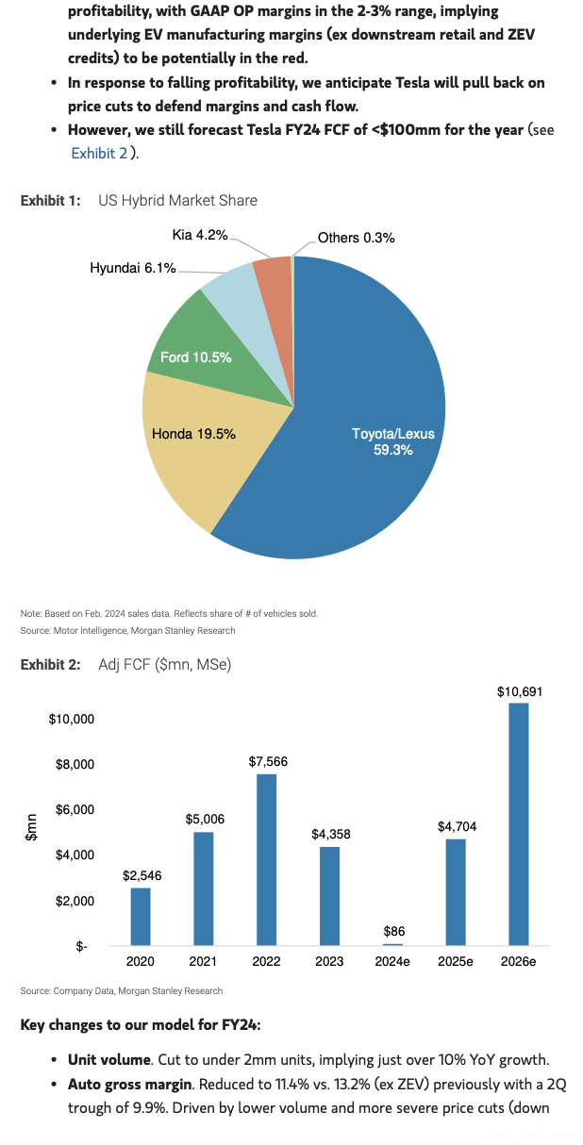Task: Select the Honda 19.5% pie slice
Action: [x=189, y=443]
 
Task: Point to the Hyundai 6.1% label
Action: [x=133, y=269]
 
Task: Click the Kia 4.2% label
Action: [x=199, y=235]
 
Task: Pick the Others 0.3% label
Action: [x=356, y=238]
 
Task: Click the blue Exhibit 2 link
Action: [x=99, y=152]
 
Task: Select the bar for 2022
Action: [x=266, y=858]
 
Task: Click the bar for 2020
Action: [x=141, y=916]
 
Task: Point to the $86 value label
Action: [x=394, y=931]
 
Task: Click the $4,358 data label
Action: [x=330, y=835]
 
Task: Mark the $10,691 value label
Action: [x=520, y=691]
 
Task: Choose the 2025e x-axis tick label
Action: [x=456, y=962]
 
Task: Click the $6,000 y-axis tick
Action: [x=71, y=809]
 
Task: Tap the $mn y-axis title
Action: [x=30, y=826]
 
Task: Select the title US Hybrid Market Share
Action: [x=177, y=200]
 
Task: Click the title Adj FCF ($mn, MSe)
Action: [x=165, y=665]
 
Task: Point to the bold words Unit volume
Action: [x=108, y=1059]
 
